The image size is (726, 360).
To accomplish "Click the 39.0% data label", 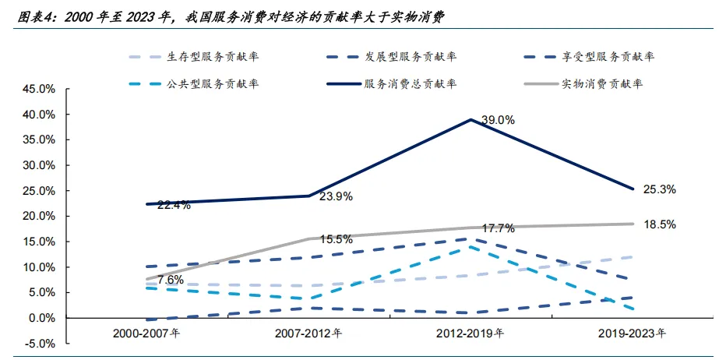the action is pyautogui.click(x=499, y=121).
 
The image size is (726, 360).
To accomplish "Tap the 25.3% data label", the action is pyautogui.click(x=659, y=189).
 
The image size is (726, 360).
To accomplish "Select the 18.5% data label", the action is pyautogui.click(x=659, y=224).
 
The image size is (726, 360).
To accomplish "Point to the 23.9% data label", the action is pyautogui.click(x=337, y=196).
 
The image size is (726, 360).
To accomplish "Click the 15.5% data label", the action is pyautogui.click(x=337, y=239).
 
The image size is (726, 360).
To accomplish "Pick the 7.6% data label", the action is pyautogui.click(x=171, y=280).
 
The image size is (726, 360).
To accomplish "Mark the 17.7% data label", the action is pyautogui.click(x=499, y=228).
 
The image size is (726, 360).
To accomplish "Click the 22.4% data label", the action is pyautogui.click(x=174, y=206).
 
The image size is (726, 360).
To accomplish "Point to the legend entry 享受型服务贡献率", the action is pyautogui.click(x=590, y=57).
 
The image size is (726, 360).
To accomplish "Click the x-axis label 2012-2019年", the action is pyautogui.click(x=470, y=334).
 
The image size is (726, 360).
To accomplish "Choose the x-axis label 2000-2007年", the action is pyautogui.click(x=146, y=334).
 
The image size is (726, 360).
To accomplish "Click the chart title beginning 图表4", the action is pyautogui.click(x=231, y=17).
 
